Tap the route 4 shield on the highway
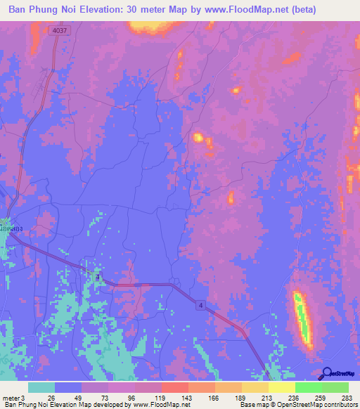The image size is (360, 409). tap(200, 304)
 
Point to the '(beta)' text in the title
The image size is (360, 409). tap(297, 10)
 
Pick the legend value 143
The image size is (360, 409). tap(186, 397)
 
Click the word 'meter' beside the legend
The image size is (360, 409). tap(11, 397)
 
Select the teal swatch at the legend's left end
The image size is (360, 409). tap(41, 387)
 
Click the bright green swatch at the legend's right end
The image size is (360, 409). tap(335, 387)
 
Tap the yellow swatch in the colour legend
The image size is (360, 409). tap(281, 387)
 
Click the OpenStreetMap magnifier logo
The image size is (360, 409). tap(328, 374)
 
